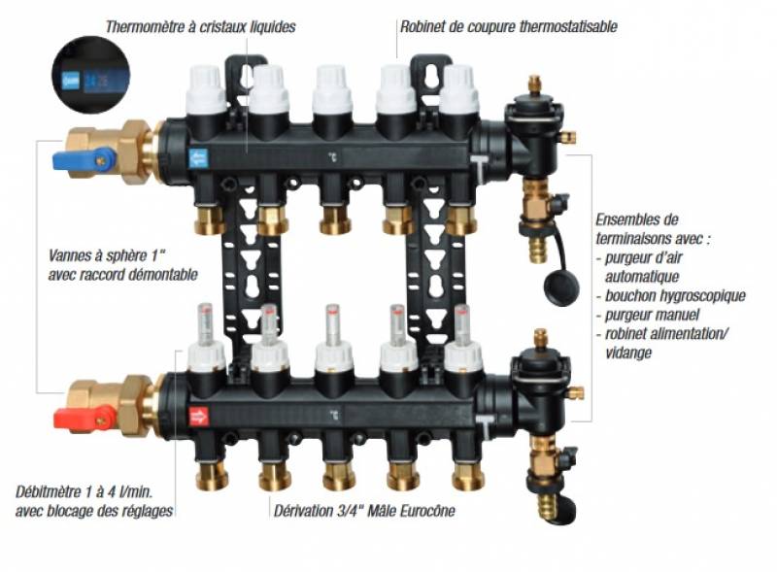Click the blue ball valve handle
tap(84, 158)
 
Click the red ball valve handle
tap(84, 419)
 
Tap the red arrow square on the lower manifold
tap(199, 417)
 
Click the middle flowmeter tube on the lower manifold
tap(333, 323)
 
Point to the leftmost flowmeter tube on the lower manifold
tap(204, 323)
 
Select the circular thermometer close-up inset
tap(90, 76)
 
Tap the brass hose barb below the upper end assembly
tap(538, 250)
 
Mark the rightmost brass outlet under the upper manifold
tap(461, 221)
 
